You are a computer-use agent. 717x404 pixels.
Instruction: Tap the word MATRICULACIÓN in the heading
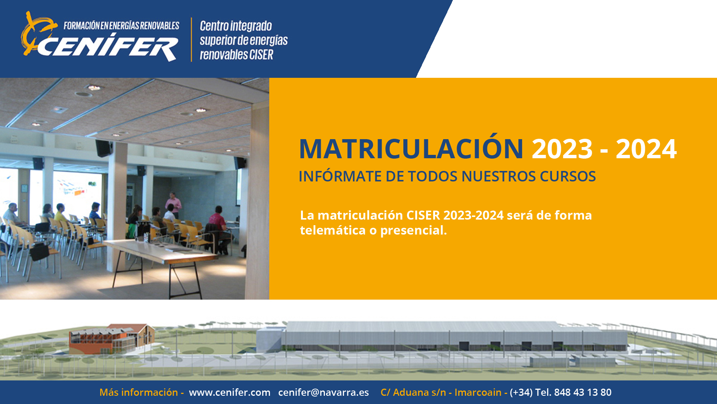click(x=411, y=149)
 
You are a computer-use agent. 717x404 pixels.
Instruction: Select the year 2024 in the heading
click(x=646, y=149)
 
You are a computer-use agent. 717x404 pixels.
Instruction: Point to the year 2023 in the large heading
click(x=562, y=149)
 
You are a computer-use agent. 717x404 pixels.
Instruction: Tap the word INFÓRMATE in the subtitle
click(x=340, y=176)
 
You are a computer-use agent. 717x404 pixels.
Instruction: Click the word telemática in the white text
click(x=333, y=230)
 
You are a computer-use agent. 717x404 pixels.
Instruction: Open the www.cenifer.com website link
click(x=230, y=392)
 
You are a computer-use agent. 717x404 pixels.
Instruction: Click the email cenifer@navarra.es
click(x=323, y=392)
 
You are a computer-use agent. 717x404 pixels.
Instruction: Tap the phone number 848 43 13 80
click(x=583, y=392)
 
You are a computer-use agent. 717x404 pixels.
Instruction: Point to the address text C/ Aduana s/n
click(x=413, y=392)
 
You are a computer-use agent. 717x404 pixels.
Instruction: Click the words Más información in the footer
click(x=139, y=392)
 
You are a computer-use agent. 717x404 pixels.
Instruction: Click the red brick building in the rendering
click(x=112, y=339)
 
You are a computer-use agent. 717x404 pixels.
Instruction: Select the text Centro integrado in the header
click(x=236, y=26)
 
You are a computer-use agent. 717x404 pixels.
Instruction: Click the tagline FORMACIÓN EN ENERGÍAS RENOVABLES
click(x=121, y=26)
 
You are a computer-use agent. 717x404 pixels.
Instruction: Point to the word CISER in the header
click(x=261, y=55)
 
